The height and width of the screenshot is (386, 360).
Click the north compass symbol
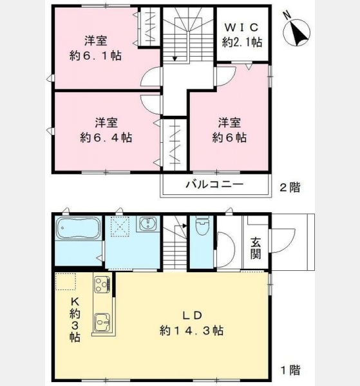297,32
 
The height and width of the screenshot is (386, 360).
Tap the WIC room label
242,27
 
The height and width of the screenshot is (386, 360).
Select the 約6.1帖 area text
95,56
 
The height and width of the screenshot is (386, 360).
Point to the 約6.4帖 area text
106,138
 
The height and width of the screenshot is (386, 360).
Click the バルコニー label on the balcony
214,184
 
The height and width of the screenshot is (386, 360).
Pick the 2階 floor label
290,188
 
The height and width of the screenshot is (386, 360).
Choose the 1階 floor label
290,370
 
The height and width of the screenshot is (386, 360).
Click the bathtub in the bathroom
79,228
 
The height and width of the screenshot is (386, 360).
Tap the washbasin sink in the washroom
148,223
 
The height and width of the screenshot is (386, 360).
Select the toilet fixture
202,225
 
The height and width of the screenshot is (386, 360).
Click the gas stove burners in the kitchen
102,284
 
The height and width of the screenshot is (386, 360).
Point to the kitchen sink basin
102,322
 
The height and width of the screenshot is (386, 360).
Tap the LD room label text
192,315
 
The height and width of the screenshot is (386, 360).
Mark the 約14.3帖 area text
192,331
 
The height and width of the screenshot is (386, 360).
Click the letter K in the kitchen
75,301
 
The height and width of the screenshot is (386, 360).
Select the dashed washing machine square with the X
120,226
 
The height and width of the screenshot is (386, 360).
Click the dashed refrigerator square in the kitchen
66,281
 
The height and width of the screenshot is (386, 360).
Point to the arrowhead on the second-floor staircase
175,59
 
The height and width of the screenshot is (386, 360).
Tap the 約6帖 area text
229,138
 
